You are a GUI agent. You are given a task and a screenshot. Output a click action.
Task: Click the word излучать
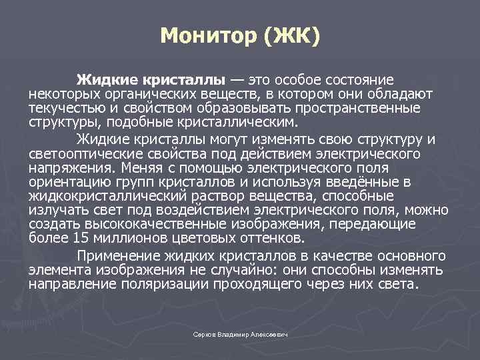pos(56,211)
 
